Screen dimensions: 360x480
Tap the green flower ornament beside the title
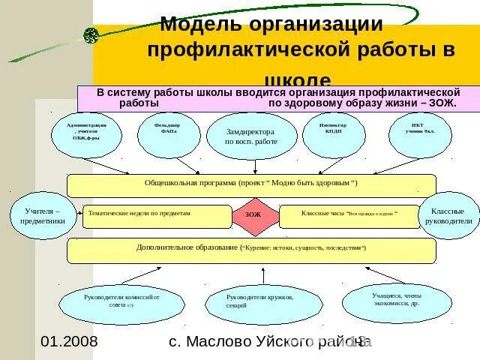pyautogui.click(x=91, y=34)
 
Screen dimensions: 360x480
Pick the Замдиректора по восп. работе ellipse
pyautogui.click(x=250, y=136)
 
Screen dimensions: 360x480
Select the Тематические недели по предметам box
pyautogui.click(x=157, y=216)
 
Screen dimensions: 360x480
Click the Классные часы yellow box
pyautogui.click(x=349, y=216)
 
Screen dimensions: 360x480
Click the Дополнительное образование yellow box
pyautogui.click(x=251, y=250)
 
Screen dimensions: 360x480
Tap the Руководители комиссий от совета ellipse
pyautogui.click(x=120, y=301)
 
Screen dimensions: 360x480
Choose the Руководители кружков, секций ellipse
pyautogui.click(x=259, y=301)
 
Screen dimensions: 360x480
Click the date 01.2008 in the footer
pyautogui.click(x=69, y=342)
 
